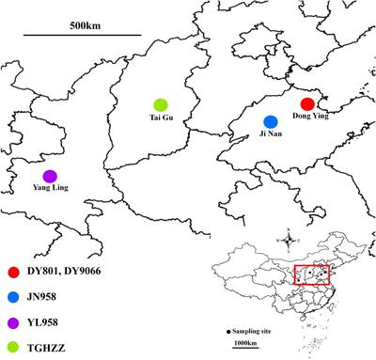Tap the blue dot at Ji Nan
pos(271,122)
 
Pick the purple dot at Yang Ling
pos(50,176)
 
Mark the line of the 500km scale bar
pos(83,38)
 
